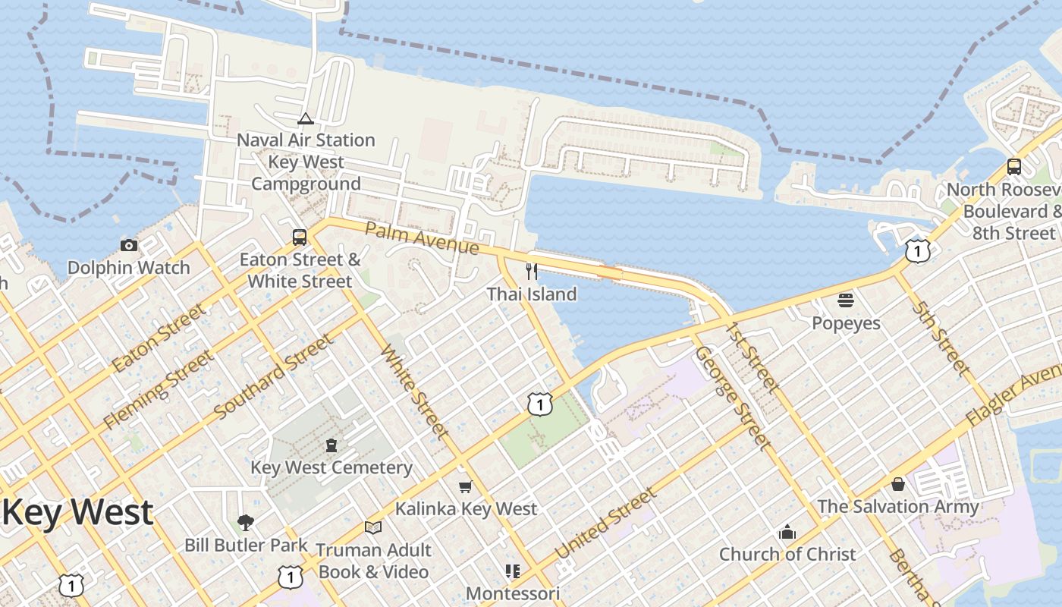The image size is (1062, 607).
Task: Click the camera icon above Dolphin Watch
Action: [x=129, y=245]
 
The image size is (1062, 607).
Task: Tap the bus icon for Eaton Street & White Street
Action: [x=300, y=237]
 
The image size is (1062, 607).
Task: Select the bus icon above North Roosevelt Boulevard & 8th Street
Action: [x=1014, y=167]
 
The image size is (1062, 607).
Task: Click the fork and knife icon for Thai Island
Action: [x=532, y=271]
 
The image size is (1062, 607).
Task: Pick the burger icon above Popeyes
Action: [x=846, y=300]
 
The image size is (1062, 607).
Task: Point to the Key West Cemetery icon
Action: [x=331, y=445]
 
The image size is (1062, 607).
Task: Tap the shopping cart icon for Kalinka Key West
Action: [x=465, y=486]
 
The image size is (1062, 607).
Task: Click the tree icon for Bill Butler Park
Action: [x=245, y=522]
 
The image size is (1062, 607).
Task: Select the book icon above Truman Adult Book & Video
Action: [x=372, y=527]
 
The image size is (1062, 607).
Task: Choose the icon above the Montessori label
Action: [x=513, y=571]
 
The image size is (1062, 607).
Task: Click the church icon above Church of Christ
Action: [x=787, y=532]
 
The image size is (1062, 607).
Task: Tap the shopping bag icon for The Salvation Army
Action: [x=898, y=483]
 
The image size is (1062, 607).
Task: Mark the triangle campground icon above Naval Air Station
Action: [x=306, y=118]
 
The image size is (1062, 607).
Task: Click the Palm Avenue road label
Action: [x=422, y=237]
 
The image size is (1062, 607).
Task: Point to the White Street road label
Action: [x=413, y=391]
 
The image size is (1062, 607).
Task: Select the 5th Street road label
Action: [x=941, y=338]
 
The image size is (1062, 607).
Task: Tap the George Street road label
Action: [x=733, y=398]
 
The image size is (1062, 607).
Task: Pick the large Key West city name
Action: [x=78, y=513]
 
